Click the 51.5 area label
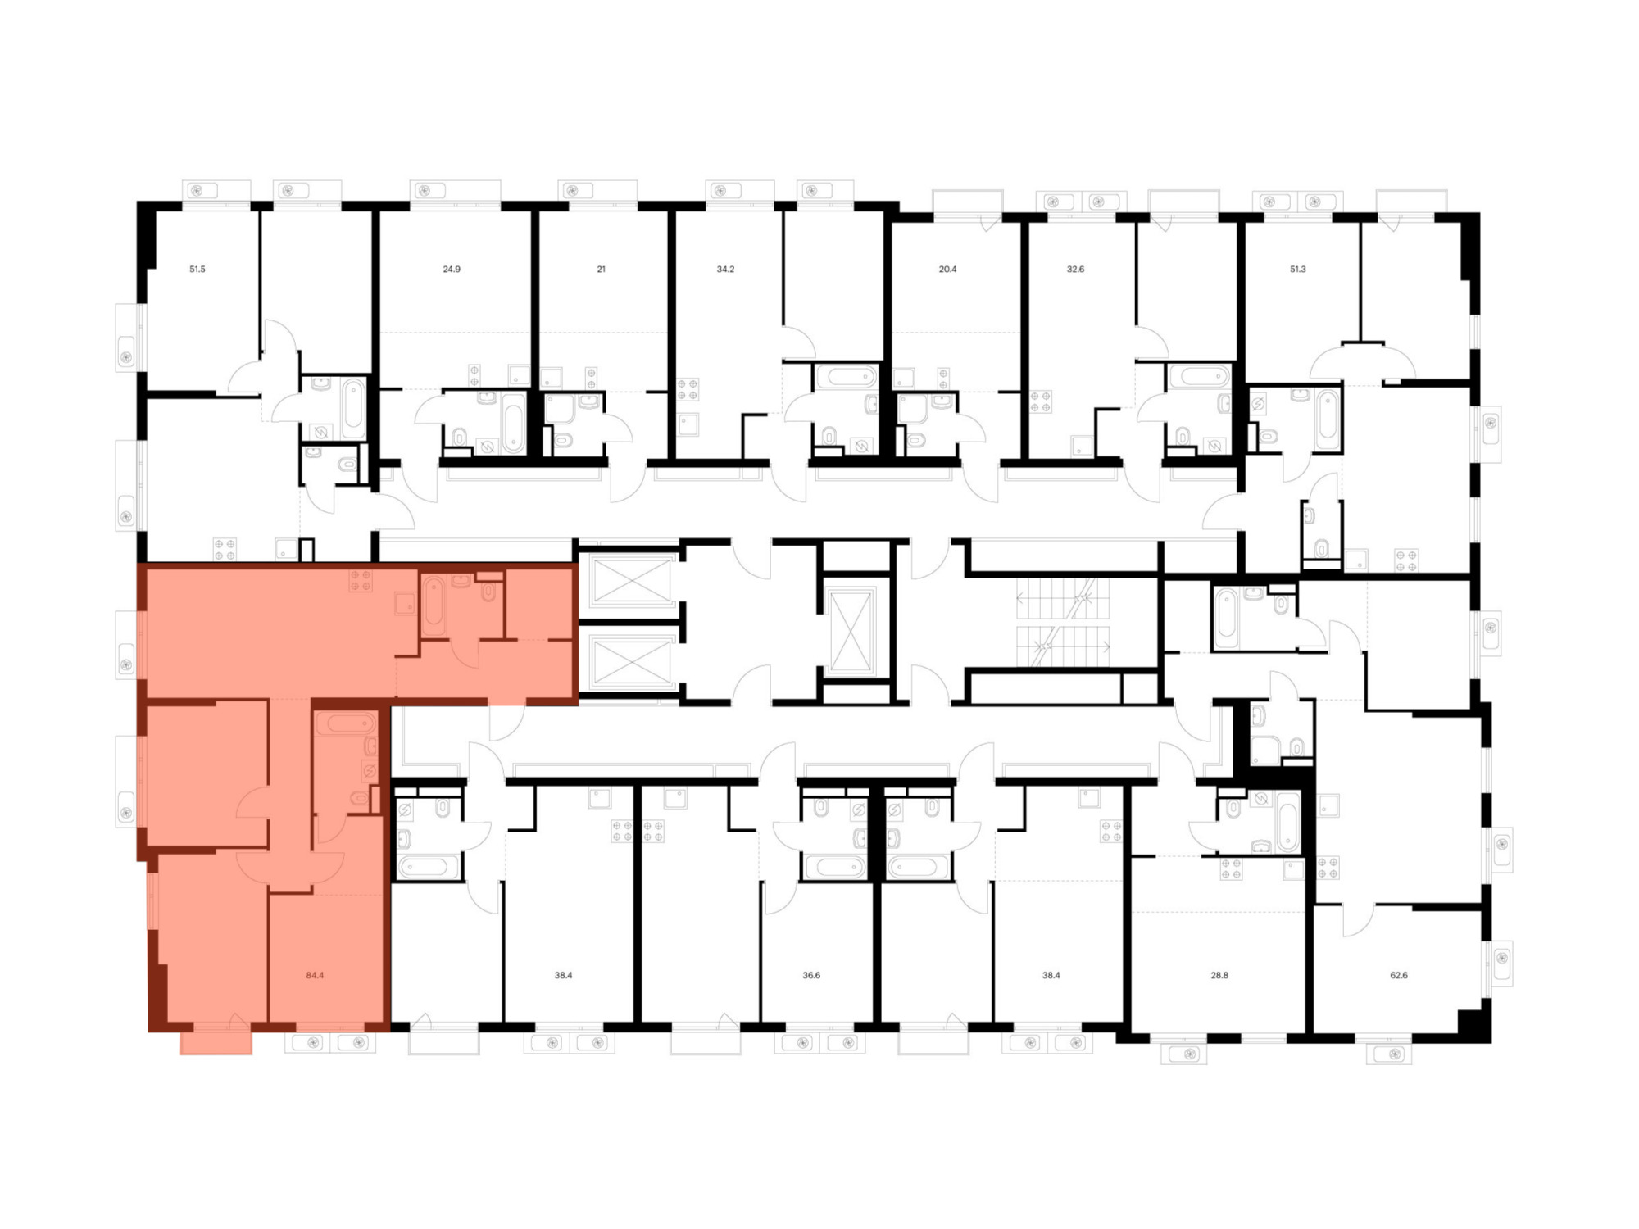tap(197, 269)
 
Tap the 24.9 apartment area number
tap(452, 269)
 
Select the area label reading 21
tap(601, 269)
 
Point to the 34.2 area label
tap(725, 269)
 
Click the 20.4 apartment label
tap(947, 269)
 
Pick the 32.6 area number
tap(1075, 269)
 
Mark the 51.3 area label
tap(1298, 269)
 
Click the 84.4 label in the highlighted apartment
tap(315, 976)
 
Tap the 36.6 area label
tap(811, 976)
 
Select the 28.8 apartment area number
tap(1219, 976)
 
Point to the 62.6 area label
tap(1399, 976)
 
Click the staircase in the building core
tap(1063, 623)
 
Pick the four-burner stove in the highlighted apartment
tap(361, 580)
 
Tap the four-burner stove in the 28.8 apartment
tap(1232, 868)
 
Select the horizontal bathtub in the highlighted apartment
tap(346, 723)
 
